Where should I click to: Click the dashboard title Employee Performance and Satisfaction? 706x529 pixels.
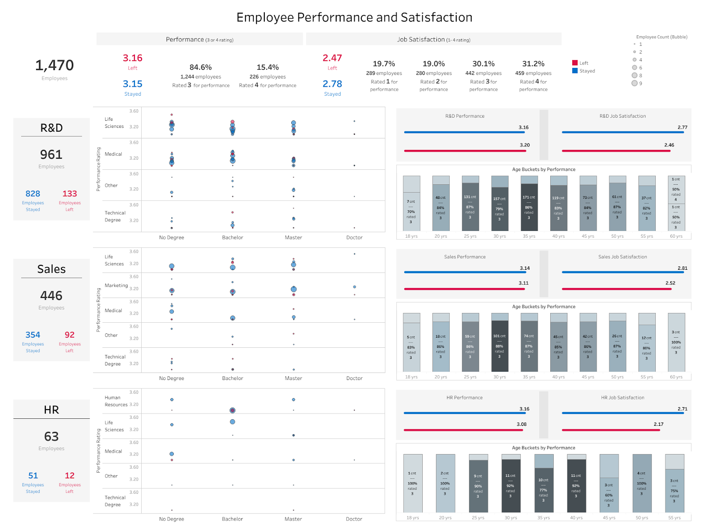pyautogui.click(x=354, y=18)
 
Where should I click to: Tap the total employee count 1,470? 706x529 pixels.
pyautogui.click(x=54, y=65)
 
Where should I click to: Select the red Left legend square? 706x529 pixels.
pyautogui.click(x=575, y=63)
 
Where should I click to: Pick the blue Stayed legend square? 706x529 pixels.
pyautogui.click(x=575, y=71)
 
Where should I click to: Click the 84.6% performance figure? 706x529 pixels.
pyautogui.click(x=200, y=67)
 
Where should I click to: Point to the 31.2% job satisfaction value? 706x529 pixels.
pyautogui.click(x=533, y=64)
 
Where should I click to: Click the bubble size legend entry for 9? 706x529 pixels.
pyautogui.click(x=635, y=83)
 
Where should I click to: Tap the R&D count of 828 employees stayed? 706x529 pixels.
pyautogui.click(x=33, y=194)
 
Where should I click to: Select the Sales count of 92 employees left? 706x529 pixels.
pyautogui.click(x=69, y=335)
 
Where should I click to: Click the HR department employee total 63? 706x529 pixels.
pyautogui.click(x=51, y=436)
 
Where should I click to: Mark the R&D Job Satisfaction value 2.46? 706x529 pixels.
pyautogui.click(x=669, y=145)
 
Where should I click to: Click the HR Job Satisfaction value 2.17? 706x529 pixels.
pyautogui.click(x=658, y=424)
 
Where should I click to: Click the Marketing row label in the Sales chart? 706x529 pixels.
pyautogui.click(x=116, y=285)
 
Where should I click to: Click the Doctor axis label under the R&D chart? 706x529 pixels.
pyautogui.click(x=354, y=238)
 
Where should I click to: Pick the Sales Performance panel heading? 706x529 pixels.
pyautogui.click(x=465, y=257)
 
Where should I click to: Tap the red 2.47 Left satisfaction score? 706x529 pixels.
pyautogui.click(x=332, y=58)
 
